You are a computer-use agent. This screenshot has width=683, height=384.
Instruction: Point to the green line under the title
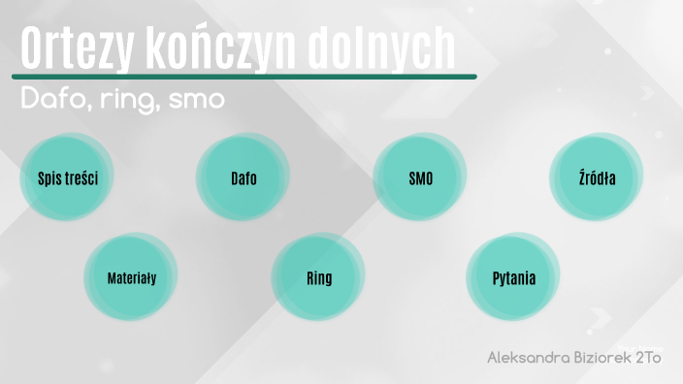pos(243,77)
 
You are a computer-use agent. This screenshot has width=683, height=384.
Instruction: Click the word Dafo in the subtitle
pos(51,100)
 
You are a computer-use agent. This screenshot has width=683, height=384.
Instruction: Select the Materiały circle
pos(131,278)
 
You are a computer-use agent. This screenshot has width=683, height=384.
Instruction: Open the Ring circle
pos(318,278)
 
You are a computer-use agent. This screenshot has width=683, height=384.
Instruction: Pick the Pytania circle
pos(513,278)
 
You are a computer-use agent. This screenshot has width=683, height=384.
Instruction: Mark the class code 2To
pos(648,358)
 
